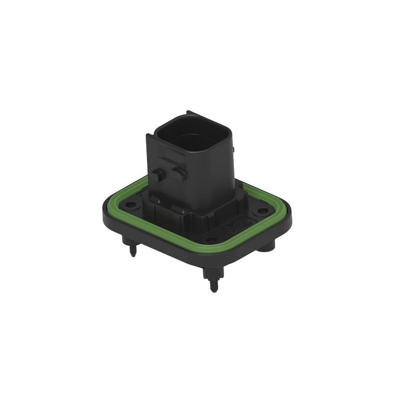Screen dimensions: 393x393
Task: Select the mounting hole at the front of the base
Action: click(x=211, y=240)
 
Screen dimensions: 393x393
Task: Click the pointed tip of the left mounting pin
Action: click(x=133, y=255)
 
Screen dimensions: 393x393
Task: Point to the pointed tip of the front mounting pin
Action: click(x=213, y=290)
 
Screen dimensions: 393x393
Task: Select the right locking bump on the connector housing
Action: click(x=178, y=171)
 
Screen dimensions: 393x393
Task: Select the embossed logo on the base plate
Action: click(x=231, y=227)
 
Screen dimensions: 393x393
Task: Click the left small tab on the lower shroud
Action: click(x=156, y=199)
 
